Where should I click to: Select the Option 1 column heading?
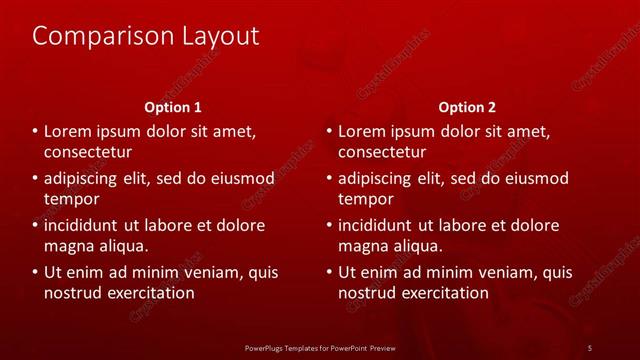coord(173,107)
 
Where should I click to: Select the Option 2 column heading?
coord(467,107)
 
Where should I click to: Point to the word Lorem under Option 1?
coord(68,131)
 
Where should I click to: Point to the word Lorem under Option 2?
coord(362,131)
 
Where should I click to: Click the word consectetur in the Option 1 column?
coord(88,152)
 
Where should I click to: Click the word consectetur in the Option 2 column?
coord(382,152)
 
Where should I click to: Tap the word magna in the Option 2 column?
coord(363,245)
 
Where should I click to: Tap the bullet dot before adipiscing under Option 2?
coord(329,179)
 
